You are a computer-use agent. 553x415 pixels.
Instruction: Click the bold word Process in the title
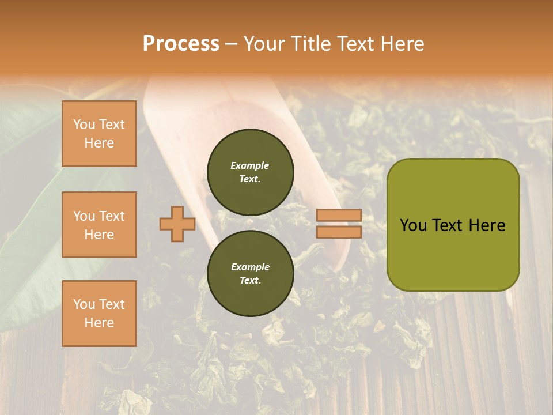coord(181,44)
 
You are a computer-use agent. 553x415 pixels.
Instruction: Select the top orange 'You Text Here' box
coord(99,134)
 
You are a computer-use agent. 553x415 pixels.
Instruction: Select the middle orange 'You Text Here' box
coord(99,225)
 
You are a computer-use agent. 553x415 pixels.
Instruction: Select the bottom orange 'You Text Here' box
coord(99,313)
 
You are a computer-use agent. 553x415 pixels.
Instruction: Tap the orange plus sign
coord(177,224)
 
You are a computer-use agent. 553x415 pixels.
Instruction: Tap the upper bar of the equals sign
coord(339,215)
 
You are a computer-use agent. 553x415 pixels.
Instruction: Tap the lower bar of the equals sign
coord(339,232)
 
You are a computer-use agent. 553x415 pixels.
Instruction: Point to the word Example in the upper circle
coord(250,165)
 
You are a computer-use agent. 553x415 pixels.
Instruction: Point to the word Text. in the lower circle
coord(250,281)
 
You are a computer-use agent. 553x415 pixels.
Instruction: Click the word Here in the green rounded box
coord(487,225)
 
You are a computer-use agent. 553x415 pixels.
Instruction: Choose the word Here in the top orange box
coord(99,143)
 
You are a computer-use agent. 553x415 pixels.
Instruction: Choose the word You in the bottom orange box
coord(84,304)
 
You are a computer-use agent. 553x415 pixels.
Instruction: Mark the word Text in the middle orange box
coord(112,216)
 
